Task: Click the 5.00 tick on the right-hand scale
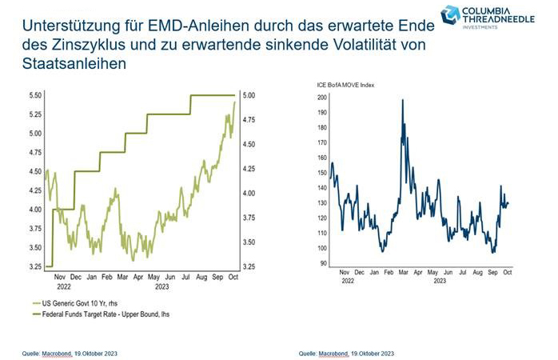[249, 95]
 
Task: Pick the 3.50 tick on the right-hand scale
[249, 242]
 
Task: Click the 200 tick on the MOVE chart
[322, 97]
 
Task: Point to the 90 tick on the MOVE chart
[324, 263]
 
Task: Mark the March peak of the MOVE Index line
[402, 100]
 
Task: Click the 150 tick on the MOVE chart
[322, 172]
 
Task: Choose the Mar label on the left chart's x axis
[122, 276]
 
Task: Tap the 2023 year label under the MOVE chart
[438, 282]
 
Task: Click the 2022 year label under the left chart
[63, 286]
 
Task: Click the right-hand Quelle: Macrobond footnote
[346, 352]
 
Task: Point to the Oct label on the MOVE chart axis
[506, 273]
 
